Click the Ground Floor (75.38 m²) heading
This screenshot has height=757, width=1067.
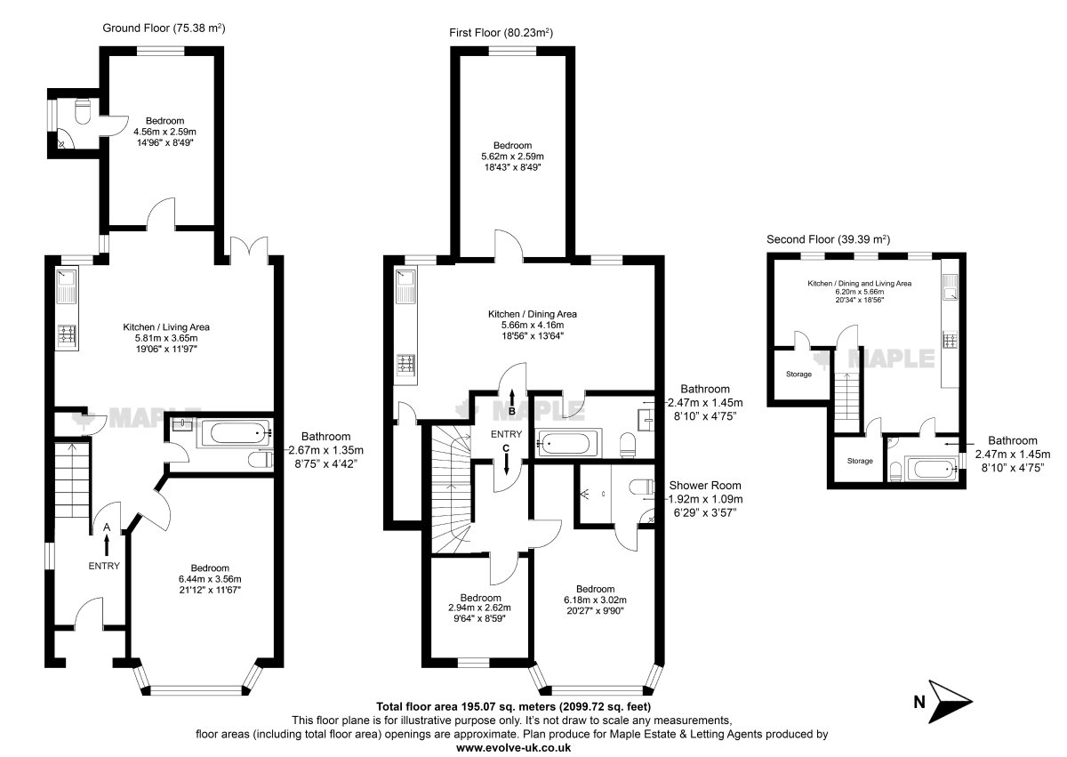click(164, 28)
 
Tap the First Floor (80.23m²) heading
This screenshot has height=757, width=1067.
click(501, 32)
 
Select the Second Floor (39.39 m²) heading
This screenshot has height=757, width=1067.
click(828, 239)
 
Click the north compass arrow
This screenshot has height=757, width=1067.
click(951, 701)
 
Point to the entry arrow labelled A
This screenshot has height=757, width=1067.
click(107, 545)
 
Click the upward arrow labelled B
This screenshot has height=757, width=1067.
click(512, 397)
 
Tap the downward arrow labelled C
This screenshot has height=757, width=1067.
click(506, 464)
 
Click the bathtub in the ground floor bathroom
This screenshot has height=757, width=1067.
click(235, 433)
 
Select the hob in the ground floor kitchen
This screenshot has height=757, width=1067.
click(67, 334)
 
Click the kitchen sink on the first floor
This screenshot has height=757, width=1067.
click(405, 286)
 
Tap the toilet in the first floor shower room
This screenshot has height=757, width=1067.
click(641, 487)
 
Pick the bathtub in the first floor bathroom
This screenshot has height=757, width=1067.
click(568, 443)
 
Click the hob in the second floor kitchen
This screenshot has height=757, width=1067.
click(950, 341)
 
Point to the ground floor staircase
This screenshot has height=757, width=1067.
click(72, 479)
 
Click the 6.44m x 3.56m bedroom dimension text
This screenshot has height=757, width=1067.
click(210, 579)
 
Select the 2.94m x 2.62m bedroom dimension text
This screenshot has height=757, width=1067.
click(479, 608)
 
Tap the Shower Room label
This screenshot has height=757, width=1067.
click(705, 486)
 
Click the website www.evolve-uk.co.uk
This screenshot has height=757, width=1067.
click(514, 747)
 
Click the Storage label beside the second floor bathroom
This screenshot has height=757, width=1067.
click(860, 461)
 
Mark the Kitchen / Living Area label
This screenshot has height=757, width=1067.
click(166, 327)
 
